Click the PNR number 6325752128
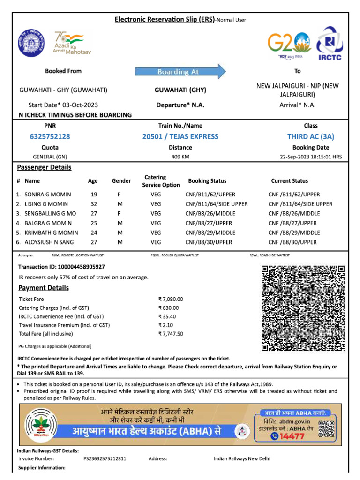point(50,136)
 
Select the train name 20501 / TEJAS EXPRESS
point(180,136)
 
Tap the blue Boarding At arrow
point(180,72)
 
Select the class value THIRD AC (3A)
point(310,136)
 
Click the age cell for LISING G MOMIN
point(93,204)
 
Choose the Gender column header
point(121,181)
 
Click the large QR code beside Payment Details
point(302,308)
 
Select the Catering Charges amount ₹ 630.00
point(169,308)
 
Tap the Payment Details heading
point(44,288)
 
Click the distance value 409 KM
point(180,157)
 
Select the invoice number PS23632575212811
point(105,458)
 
